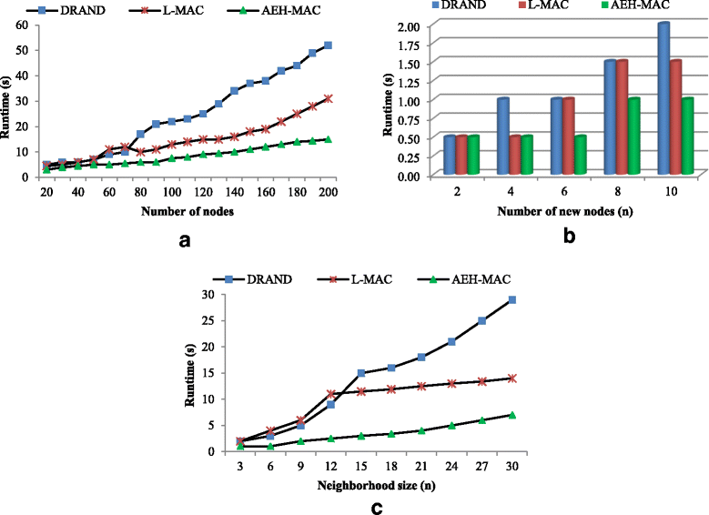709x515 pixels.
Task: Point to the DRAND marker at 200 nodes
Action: point(328,45)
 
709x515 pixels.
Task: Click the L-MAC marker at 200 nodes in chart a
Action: point(328,98)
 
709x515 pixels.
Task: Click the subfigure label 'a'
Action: point(186,240)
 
